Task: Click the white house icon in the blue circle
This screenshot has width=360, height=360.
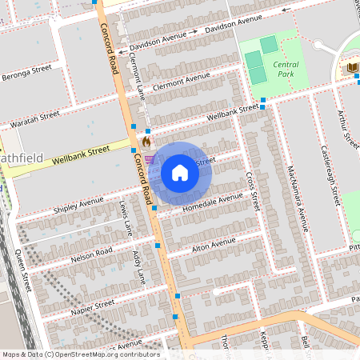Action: [x=180, y=172]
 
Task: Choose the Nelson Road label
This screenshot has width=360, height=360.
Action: [x=90, y=254]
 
